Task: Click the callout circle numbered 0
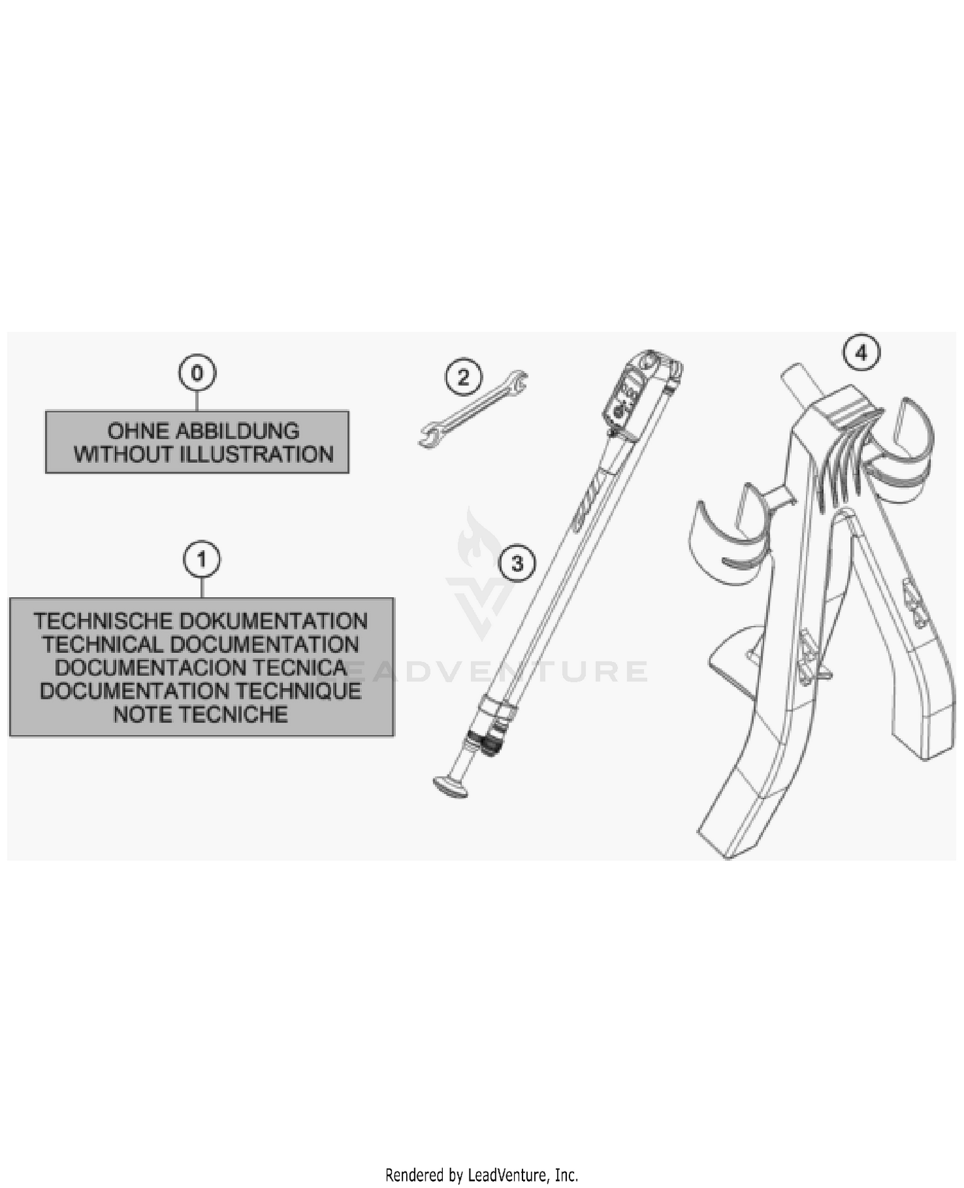[x=197, y=373]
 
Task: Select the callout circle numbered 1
[x=202, y=560]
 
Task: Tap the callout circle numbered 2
[x=464, y=377]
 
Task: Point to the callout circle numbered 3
[x=517, y=564]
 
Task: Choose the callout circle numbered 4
[x=862, y=352]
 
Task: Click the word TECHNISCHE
[x=103, y=622]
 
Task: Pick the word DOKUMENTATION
[x=274, y=622]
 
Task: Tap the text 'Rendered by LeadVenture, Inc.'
[x=481, y=1175]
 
